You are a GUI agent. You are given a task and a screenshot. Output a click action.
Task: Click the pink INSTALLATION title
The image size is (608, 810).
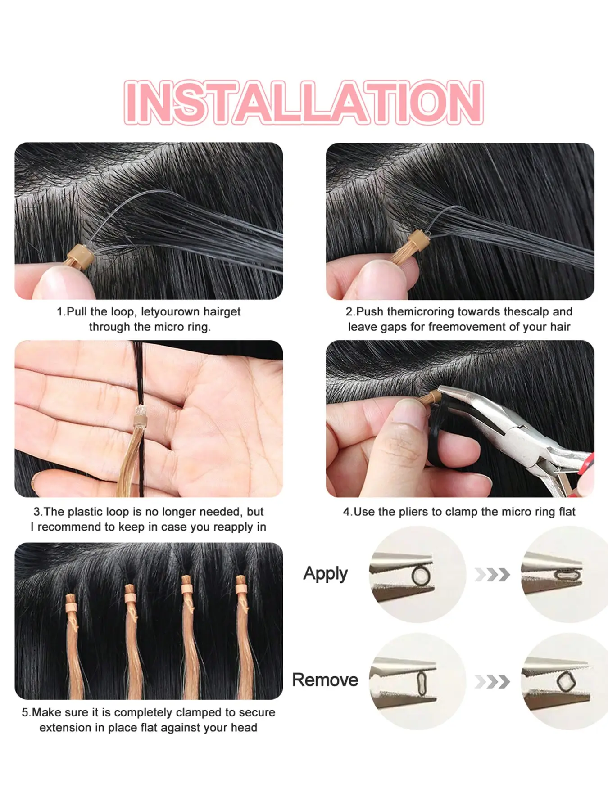(x=303, y=102)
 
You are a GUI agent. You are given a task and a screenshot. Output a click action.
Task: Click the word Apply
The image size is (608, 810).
(x=325, y=574)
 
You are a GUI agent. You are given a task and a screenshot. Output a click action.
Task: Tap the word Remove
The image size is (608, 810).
(x=325, y=679)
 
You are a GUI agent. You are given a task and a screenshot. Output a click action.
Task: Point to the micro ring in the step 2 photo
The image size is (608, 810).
(x=417, y=238)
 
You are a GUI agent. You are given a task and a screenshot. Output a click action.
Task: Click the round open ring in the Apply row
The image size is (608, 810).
(x=421, y=576)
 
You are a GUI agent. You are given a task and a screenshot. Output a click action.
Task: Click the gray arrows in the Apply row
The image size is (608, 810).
(x=492, y=575)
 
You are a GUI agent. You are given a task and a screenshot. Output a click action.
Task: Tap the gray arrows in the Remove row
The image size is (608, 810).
(x=492, y=682)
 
